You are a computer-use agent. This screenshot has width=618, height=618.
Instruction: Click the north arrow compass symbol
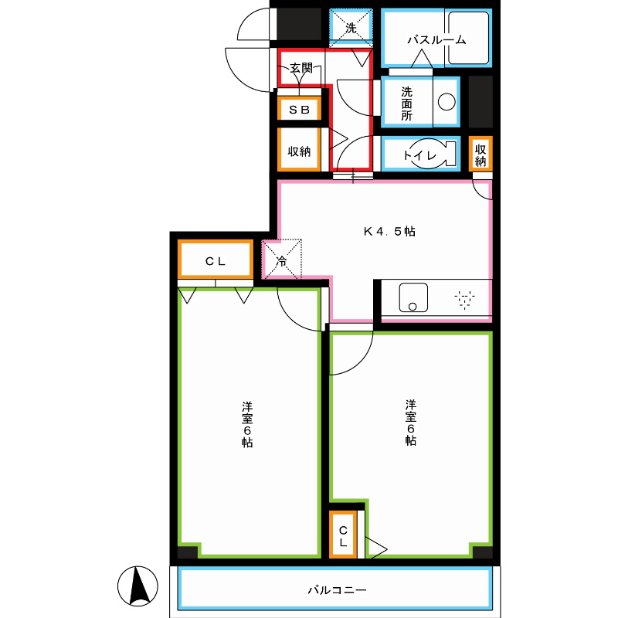click(138, 586)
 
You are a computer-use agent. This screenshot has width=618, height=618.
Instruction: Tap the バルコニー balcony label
click(337, 590)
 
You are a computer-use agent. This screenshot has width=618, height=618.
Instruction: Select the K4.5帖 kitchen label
click(389, 231)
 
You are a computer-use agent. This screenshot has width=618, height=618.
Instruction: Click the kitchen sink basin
click(413, 297)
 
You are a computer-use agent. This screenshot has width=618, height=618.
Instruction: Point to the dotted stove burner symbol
click(465, 299)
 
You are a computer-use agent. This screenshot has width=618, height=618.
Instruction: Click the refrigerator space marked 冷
click(282, 259)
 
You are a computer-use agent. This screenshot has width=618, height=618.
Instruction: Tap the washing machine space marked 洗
click(351, 28)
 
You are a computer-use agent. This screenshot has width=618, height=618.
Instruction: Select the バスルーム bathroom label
click(436, 40)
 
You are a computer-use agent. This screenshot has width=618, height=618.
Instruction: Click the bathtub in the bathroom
click(469, 38)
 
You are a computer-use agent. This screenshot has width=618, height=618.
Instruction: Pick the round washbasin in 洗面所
click(447, 102)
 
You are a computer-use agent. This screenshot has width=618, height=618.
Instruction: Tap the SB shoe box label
click(299, 110)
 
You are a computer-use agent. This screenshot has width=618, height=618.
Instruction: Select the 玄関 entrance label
click(301, 68)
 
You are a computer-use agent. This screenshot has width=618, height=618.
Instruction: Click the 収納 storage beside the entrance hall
click(299, 150)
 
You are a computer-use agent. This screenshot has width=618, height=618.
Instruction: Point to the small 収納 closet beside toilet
click(480, 154)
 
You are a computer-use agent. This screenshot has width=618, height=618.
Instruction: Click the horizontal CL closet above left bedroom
click(216, 260)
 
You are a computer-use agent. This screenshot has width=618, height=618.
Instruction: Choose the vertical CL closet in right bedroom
click(343, 535)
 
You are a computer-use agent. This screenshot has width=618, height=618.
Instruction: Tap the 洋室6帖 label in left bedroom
click(247, 424)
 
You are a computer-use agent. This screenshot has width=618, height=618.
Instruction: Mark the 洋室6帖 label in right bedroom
click(410, 423)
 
